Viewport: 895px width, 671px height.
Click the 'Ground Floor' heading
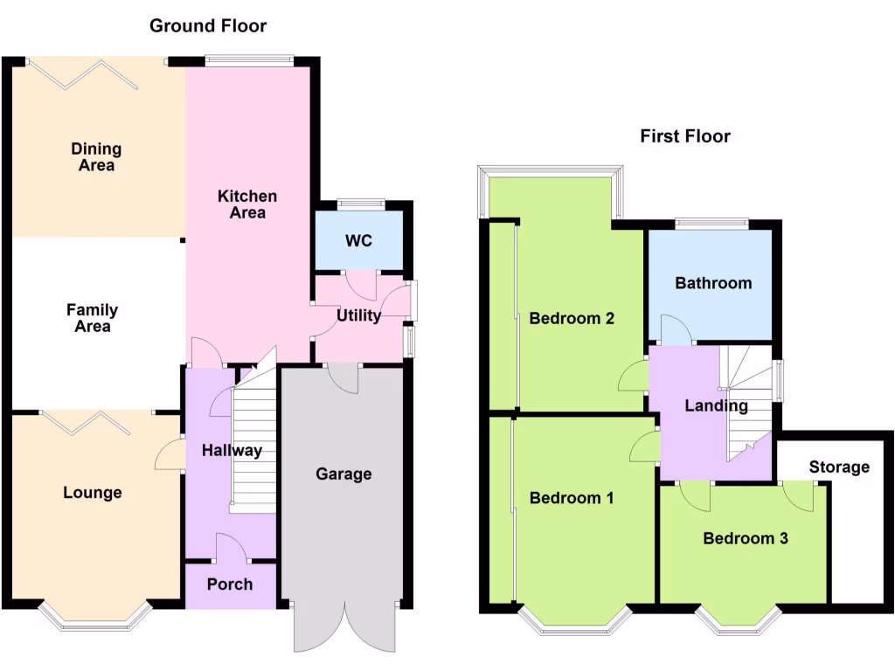coord(208,25)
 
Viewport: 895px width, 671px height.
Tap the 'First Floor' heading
coord(684,136)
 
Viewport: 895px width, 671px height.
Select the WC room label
coord(358,240)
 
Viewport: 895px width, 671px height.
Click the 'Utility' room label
coord(359,315)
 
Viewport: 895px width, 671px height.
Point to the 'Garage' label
coord(343,474)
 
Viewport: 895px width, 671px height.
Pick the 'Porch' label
coord(230,585)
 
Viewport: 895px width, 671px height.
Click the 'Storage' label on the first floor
coord(838,467)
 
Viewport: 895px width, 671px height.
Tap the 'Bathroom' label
coord(712,283)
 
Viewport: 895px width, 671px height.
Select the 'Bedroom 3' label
coord(746,539)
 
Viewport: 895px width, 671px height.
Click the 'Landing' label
coord(716,406)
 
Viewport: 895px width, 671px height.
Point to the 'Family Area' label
coord(92,318)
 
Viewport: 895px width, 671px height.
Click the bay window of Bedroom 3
coord(738,620)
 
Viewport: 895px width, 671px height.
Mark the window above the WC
coord(360,205)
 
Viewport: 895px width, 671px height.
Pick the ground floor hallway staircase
coord(253,441)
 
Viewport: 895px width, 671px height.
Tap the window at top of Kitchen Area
coord(249,61)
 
